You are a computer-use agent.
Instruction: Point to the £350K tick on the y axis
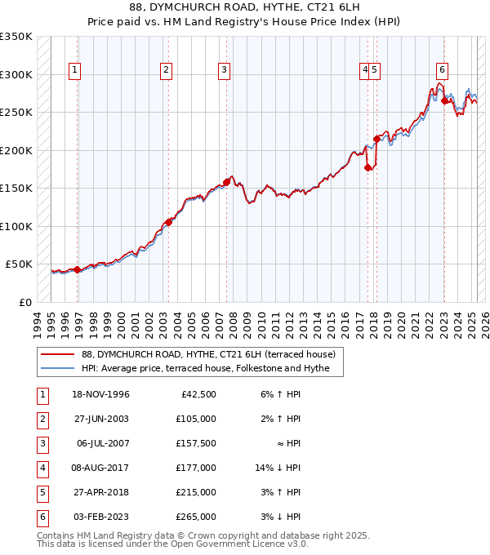click(x=16, y=37)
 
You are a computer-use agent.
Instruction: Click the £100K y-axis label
click(x=16, y=226)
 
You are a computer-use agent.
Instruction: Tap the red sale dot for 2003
click(x=168, y=222)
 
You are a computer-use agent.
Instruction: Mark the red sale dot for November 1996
click(x=77, y=269)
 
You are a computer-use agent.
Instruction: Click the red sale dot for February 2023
click(x=444, y=101)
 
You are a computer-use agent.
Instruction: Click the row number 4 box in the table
click(x=41, y=468)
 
